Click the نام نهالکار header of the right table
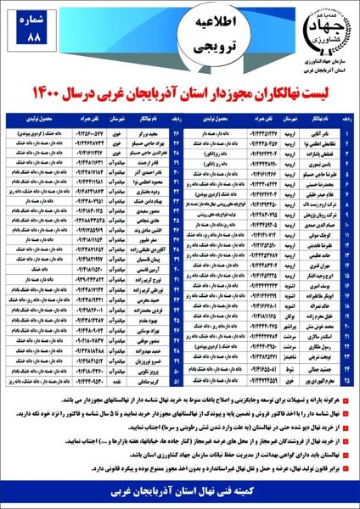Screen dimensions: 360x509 [x=314, y=122]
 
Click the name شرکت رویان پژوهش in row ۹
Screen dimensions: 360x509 [x=314, y=216]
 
